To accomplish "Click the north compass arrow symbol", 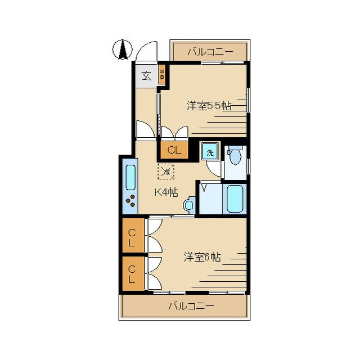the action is tap(123, 49).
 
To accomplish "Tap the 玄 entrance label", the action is tap(146, 76).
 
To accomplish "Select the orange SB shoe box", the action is tap(162, 75).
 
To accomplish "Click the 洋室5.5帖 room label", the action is tap(209, 106).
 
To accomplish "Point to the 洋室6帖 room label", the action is tap(202, 257).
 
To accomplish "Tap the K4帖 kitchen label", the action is tap(166, 192).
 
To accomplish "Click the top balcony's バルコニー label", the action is tap(210, 52).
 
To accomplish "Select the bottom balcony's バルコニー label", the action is tap(191, 306).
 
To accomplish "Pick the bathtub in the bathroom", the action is tap(235, 199).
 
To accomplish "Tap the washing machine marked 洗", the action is tap(210, 151).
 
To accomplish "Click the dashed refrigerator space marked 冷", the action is tap(166, 171).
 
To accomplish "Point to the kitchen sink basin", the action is tap(130, 177).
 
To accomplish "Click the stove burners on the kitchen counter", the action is tap(130, 201).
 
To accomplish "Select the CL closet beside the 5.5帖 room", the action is tap(174, 150).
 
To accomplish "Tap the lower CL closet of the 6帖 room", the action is tap(133, 273).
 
